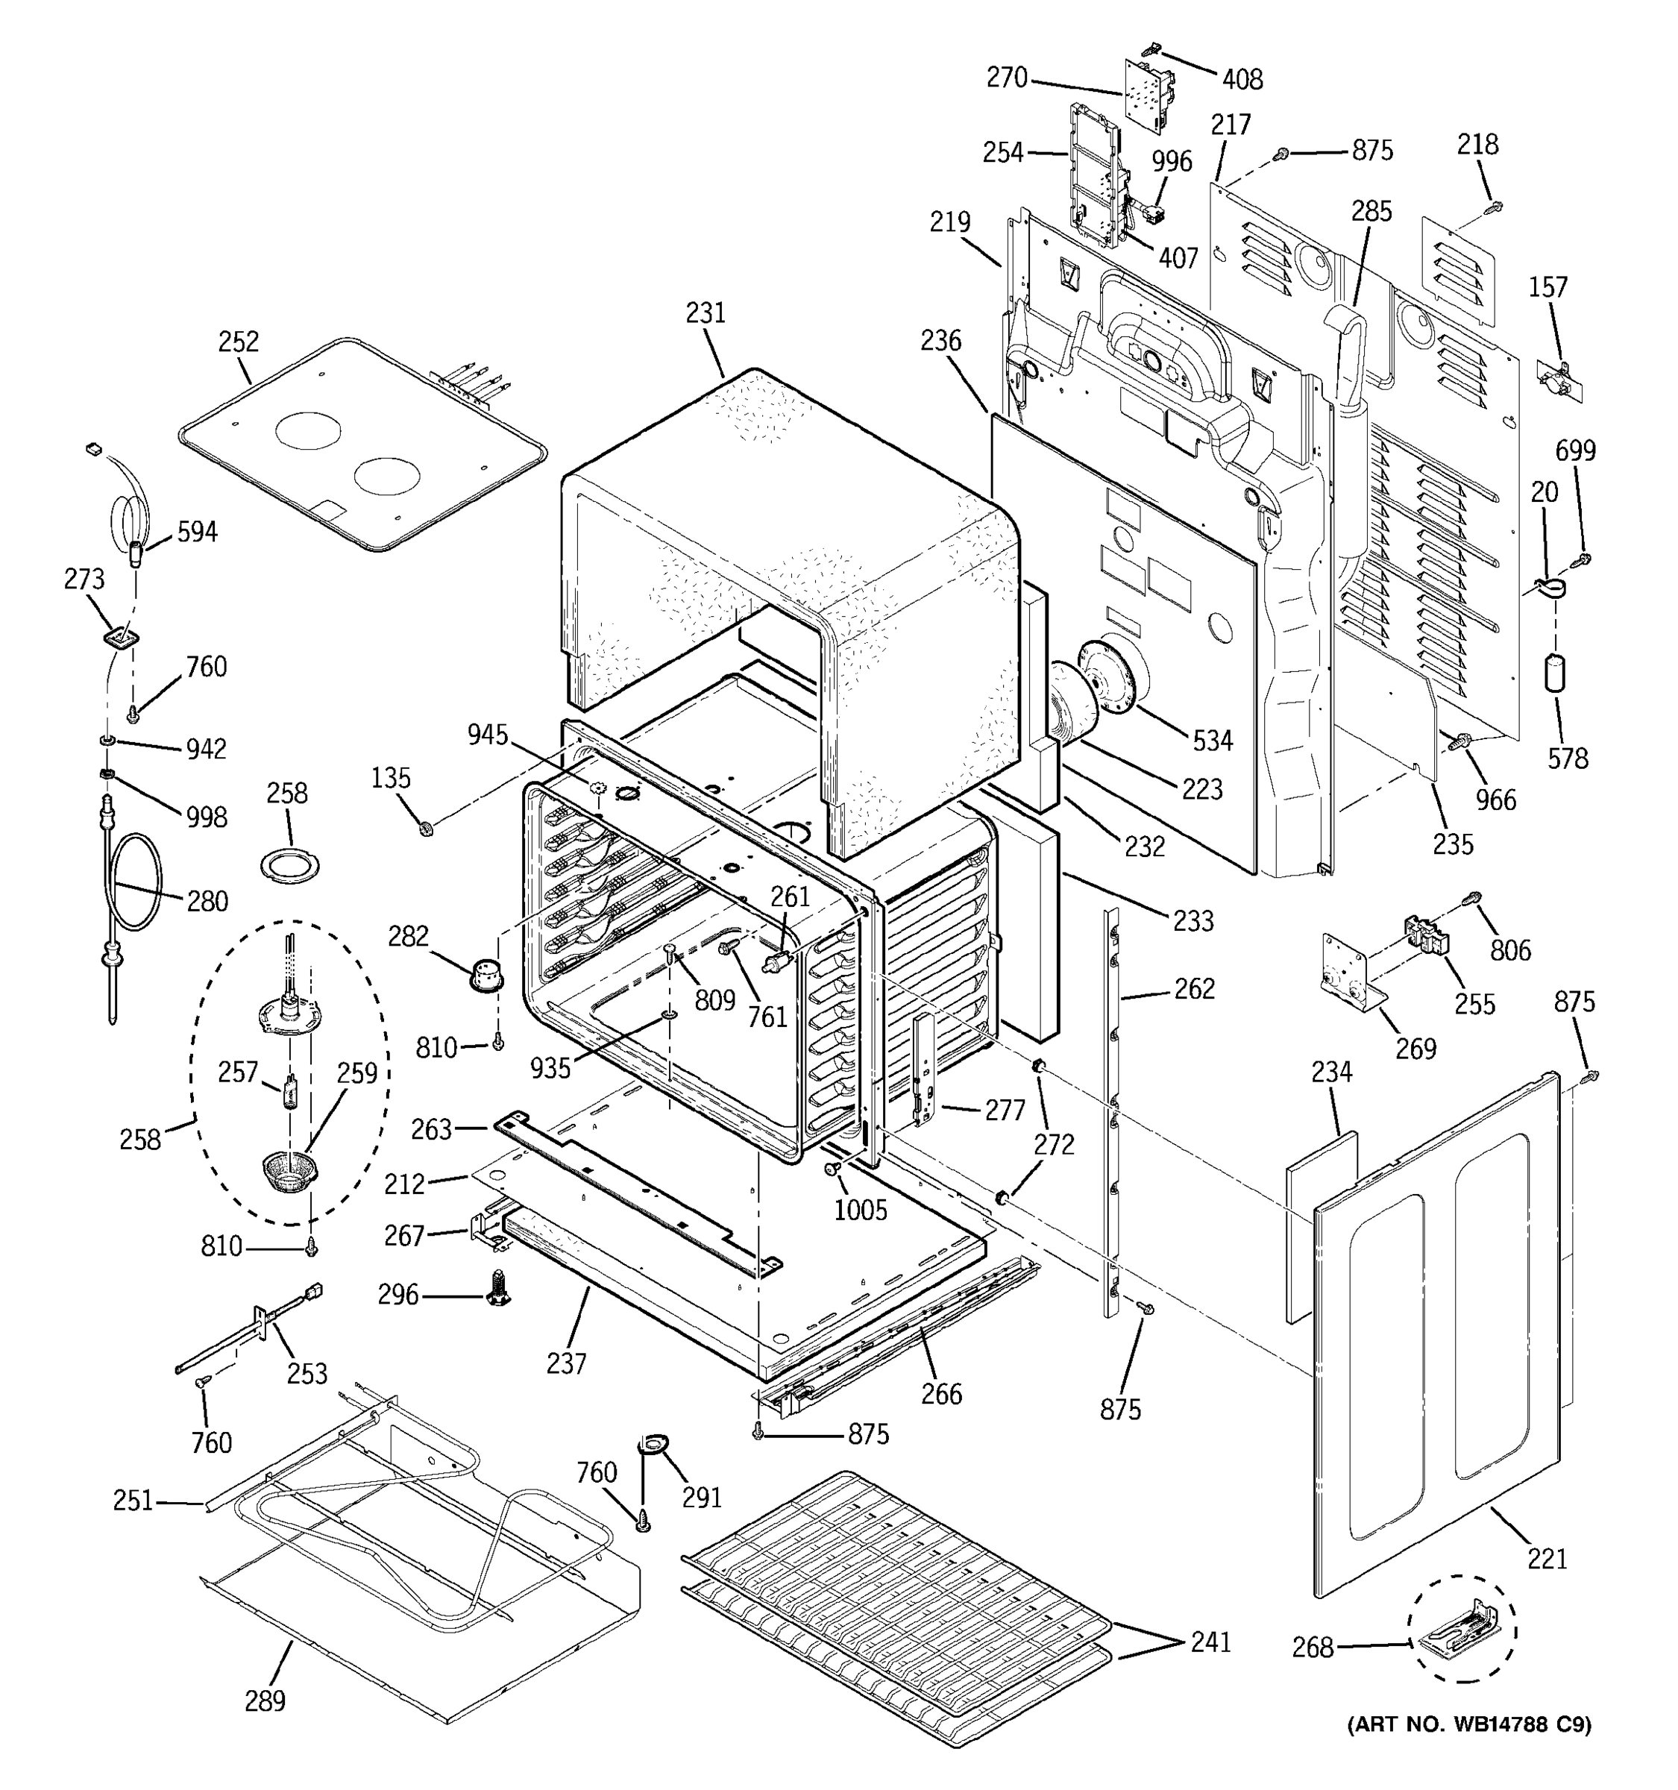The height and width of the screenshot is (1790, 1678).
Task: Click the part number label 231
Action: point(705,313)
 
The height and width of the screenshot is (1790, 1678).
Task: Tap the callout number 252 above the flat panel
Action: point(239,342)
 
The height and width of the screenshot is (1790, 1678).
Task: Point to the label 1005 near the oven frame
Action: point(860,1209)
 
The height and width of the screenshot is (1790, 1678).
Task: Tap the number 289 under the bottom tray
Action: point(265,1700)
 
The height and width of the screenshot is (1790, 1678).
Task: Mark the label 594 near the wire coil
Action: point(196,532)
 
